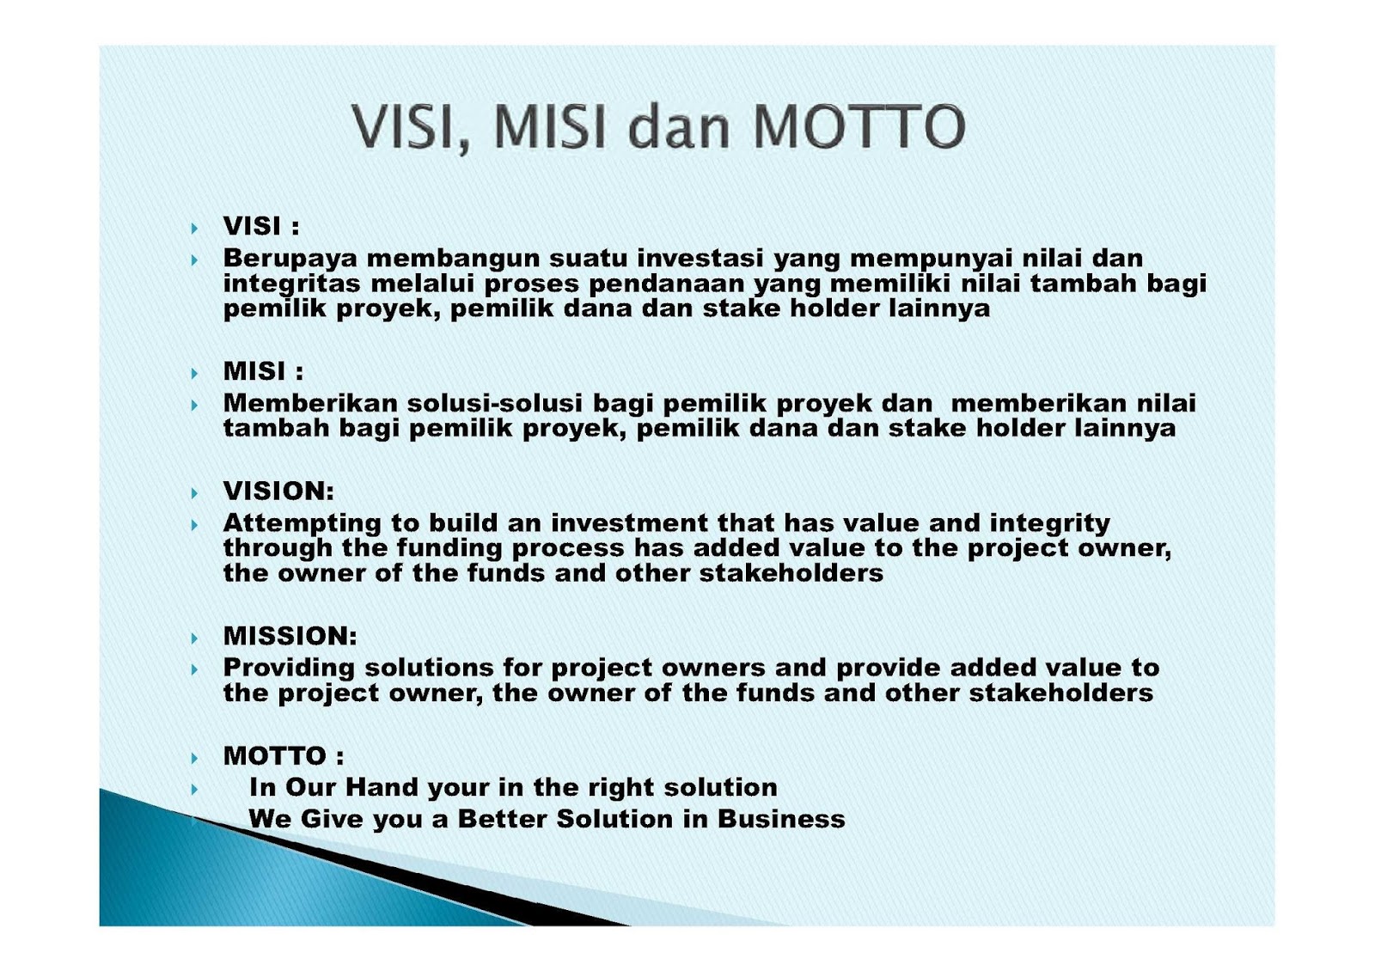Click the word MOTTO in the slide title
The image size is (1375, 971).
click(859, 127)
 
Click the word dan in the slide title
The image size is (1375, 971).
click(679, 127)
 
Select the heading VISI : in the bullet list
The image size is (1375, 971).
click(261, 227)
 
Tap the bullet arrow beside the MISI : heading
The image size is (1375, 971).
click(194, 373)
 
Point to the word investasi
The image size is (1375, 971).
click(700, 258)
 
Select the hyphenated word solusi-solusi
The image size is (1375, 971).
click(495, 403)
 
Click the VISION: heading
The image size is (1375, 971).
click(278, 491)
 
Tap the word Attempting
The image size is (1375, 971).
click(302, 523)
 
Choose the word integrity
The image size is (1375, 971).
click(1049, 523)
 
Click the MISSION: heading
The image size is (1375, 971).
click(290, 636)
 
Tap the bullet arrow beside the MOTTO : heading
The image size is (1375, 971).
click(194, 758)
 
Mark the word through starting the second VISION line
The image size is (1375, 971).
click(278, 549)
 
